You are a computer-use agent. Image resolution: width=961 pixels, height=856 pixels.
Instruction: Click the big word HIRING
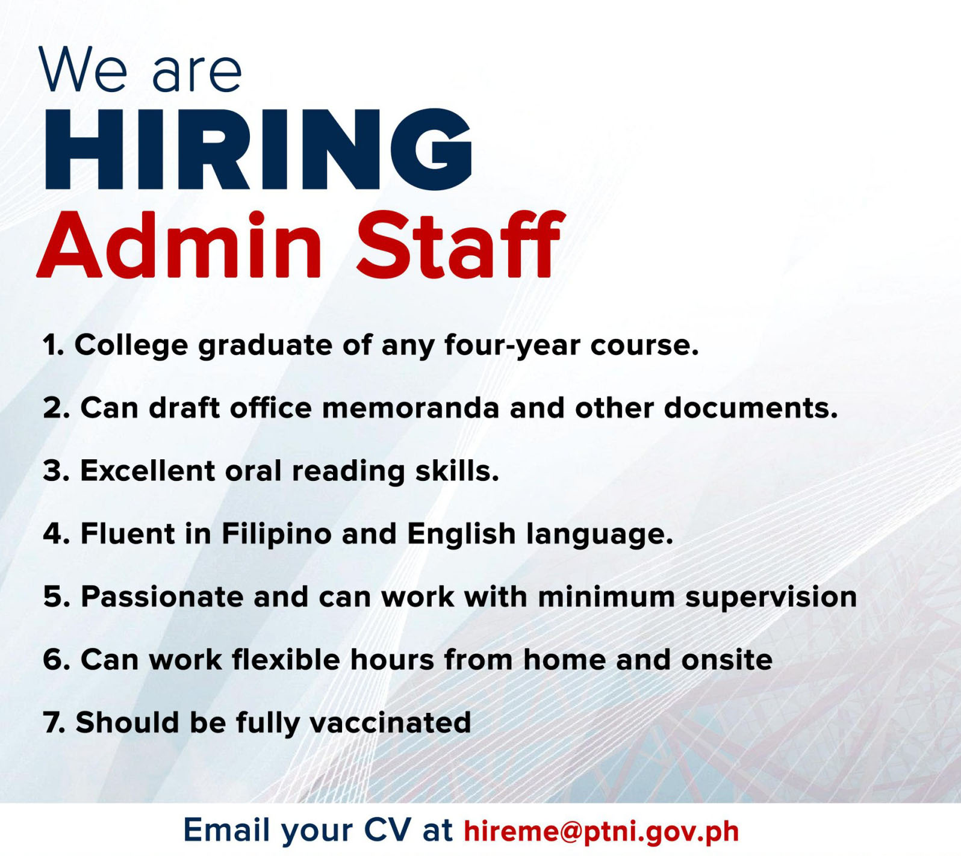point(258,149)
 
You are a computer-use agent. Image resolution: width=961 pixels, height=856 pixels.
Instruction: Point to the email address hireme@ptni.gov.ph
point(601,831)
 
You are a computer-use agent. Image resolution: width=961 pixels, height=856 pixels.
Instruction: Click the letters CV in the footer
point(387,830)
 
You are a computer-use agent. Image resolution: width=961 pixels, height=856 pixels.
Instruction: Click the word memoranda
point(411,408)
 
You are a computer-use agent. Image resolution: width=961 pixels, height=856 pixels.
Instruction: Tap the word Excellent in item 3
point(148,471)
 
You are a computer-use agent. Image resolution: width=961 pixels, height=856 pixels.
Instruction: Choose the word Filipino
point(276,535)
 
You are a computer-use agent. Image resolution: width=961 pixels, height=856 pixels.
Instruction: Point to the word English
point(461,534)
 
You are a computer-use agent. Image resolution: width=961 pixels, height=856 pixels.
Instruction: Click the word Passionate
point(163,597)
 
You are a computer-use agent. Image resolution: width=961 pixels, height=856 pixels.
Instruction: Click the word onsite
point(727,660)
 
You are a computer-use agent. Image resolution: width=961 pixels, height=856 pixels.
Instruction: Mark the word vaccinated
point(390,723)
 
